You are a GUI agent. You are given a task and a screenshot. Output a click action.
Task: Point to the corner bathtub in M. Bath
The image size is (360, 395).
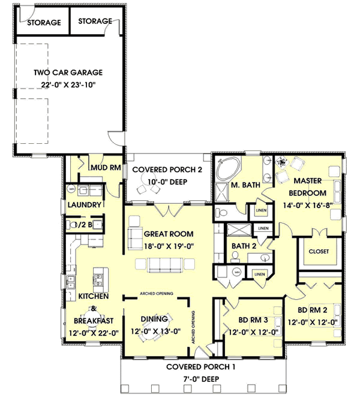(x=229, y=169)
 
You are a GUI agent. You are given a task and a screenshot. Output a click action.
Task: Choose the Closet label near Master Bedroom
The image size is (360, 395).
(x=319, y=251)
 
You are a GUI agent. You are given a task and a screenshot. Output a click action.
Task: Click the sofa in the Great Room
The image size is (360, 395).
(x=160, y=264)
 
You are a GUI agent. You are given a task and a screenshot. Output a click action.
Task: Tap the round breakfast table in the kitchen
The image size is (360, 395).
(x=93, y=316)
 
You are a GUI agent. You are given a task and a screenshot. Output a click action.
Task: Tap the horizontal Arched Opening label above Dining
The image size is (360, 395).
(x=157, y=293)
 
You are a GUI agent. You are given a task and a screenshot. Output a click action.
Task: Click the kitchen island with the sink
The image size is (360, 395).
(x=98, y=279)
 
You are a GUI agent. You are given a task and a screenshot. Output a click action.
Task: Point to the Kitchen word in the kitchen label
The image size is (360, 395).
(x=93, y=297)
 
